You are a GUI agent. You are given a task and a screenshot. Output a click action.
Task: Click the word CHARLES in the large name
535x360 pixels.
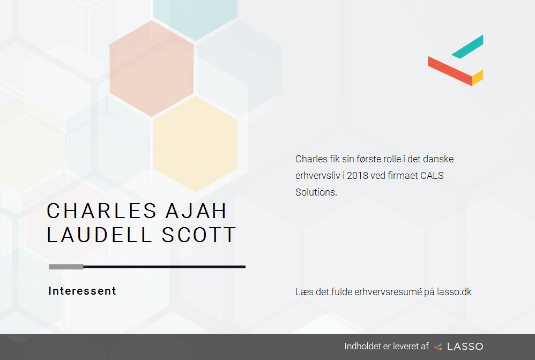102,211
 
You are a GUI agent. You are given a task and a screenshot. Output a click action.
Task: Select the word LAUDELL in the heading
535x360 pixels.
99,235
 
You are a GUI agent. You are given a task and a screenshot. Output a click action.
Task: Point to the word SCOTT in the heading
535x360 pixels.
198,235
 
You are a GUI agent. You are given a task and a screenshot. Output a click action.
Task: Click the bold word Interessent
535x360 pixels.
82,291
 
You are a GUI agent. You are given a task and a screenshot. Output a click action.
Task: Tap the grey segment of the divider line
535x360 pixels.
66,267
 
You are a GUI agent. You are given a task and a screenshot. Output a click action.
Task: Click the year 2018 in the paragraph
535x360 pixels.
357,176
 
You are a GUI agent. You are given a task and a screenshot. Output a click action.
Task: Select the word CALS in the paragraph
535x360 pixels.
432,176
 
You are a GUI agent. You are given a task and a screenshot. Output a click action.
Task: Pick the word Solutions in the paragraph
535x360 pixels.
316,192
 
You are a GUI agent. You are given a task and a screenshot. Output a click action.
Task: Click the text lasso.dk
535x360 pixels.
454,292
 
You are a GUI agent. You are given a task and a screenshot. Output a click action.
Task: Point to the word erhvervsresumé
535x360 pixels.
388,292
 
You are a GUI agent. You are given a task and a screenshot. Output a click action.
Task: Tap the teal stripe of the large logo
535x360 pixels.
467,47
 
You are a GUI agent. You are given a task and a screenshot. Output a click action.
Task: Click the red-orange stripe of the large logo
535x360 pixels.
450,71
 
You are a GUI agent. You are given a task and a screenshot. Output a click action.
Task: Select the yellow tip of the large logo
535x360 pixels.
477,78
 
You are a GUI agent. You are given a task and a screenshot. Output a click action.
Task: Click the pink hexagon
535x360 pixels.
152,69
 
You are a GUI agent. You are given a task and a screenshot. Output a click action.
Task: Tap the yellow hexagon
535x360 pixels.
195,144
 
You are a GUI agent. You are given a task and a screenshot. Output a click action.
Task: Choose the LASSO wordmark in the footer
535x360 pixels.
465,347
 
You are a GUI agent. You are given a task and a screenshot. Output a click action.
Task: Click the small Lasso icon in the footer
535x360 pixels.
438,347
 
